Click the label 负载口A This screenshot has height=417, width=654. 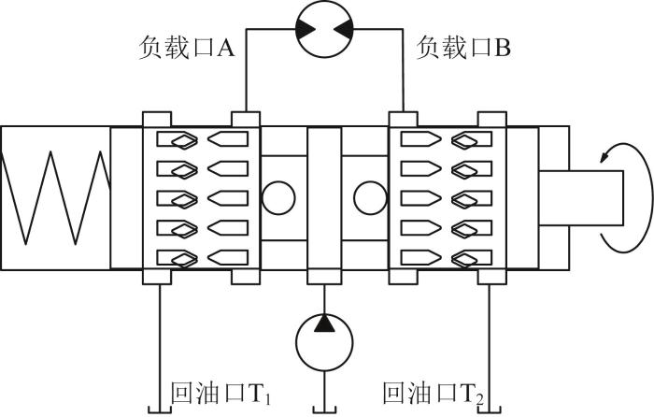[x=187, y=48]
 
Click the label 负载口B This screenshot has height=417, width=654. [x=463, y=48]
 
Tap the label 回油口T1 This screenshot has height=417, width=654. [x=221, y=394]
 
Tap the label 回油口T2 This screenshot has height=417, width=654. [x=434, y=394]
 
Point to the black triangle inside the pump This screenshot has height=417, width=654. [x=324, y=324]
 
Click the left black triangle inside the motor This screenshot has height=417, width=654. [x=306, y=29]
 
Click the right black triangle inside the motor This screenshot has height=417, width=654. [x=343, y=29]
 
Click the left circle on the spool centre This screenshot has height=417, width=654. [x=278, y=198]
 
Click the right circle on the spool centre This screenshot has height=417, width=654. [x=370, y=198]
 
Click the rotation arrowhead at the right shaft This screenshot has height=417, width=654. [x=604, y=157]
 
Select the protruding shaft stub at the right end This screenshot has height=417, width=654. [x=581, y=198]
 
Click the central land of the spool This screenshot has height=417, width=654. [x=324, y=199]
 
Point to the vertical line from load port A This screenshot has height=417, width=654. [x=246, y=70]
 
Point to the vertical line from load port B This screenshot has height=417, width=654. [x=403, y=70]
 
